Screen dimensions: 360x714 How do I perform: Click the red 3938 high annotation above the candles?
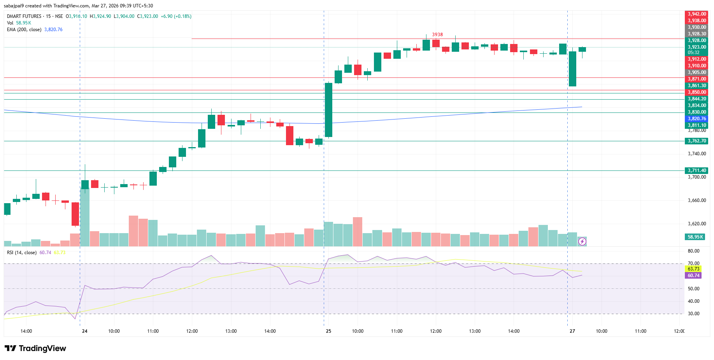[x=437, y=35]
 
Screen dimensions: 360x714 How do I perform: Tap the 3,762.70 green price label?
[x=696, y=141]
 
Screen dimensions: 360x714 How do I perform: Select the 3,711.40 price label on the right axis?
[x=696, y=170]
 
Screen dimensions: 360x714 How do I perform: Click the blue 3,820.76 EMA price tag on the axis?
[x=696, y=119]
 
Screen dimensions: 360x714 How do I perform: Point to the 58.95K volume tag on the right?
[x=695, y=237]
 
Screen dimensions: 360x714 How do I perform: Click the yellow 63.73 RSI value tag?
[x=693, y=269]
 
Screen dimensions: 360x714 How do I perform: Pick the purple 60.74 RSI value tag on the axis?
[x=693, y=276]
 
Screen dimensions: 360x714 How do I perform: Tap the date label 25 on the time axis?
[x=328, y=331]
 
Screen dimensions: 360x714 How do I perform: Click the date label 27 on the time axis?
[x=572, y=331]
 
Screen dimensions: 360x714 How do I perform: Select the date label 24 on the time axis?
[x=84, y=331]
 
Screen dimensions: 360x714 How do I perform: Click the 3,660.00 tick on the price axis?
[x=696, y=200]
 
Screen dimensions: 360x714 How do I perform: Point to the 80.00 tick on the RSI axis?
[x=693, y=251]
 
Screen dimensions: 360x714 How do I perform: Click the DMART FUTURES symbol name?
[x=24, y=16]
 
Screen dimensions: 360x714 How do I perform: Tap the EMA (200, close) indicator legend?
[x=24, y=30]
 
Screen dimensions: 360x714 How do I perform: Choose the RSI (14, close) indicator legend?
[x=22, y=253]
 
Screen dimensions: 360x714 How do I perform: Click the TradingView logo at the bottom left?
[x=35, y=348]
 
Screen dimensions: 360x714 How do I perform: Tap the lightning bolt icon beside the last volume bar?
[x=582, y=242]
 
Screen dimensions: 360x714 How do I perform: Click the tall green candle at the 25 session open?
[x=329, y=110]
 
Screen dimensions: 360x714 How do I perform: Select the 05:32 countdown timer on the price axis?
[x=693, y=53]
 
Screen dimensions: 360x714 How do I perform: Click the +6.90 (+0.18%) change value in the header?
[x=176, y=16]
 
